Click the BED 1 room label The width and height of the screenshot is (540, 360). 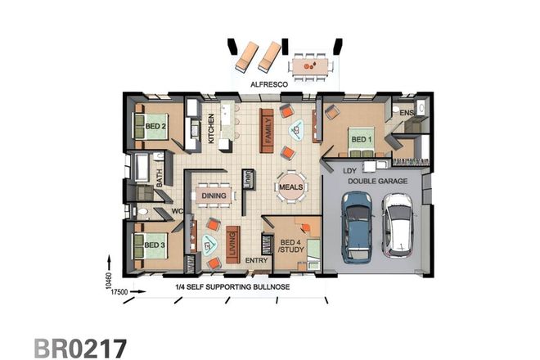(361, 139)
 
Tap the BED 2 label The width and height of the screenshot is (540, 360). (156, 127)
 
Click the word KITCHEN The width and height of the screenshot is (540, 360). (210, 129)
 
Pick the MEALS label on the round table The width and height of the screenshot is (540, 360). (290, 187)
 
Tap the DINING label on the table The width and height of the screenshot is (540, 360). (214, 196)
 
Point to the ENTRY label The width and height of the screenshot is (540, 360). (256, 261)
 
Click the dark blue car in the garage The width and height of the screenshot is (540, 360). (357, 227)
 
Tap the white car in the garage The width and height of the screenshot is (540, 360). (398, 223)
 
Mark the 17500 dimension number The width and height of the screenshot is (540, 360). (120, 291)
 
